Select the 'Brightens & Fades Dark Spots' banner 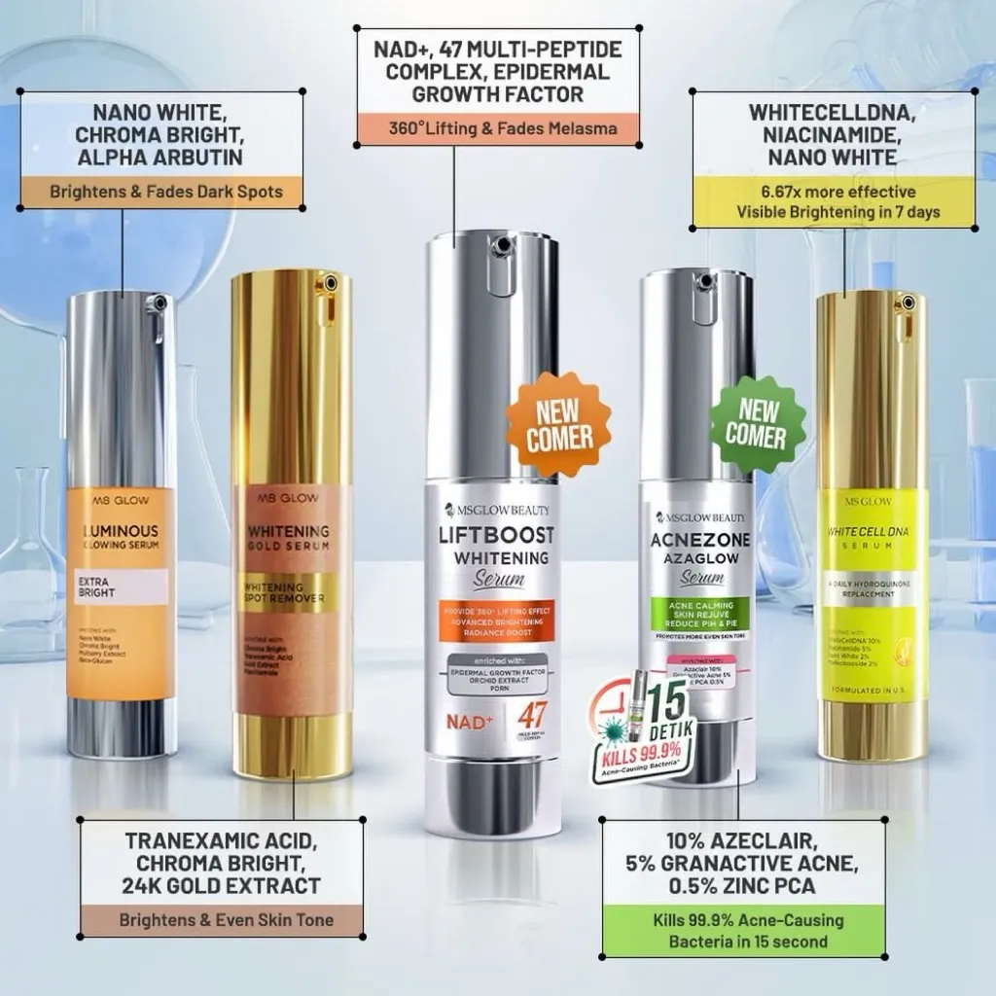click(x=166, y=192)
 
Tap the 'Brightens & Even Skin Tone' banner click(x=226, y=919)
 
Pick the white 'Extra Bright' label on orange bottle click(x=121, y=587)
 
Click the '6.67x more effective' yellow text click(x=838, y=192)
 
